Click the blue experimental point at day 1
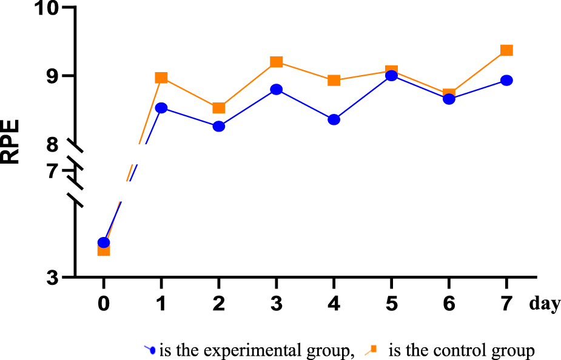tap(161, 108)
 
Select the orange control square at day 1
tap(161, 78)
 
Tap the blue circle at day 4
tap(334, 119)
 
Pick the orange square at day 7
tap(506, 50)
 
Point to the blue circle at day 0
tap(104, 242)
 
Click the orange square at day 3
tap(276, 62)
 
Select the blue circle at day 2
tap(218, 126)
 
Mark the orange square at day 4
tap(334, 81)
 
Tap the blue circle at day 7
tap(506, 81)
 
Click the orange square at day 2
tap(218, 108)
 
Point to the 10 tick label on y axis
tap(51, 9)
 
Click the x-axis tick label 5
tap(391, 303)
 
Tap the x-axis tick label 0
tap(104, 303)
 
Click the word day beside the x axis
tap(544, 304)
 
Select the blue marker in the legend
tap(152, 350)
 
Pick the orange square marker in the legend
tap(374, 348)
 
